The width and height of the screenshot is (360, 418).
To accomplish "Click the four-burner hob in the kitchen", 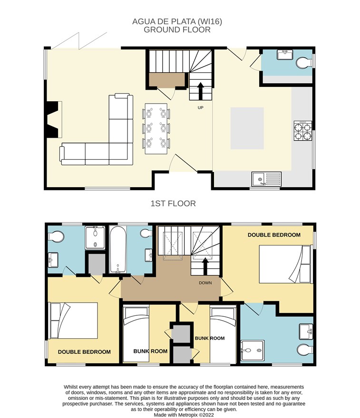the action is tap(303, 131).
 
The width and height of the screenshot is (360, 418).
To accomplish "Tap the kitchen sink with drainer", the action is tap(266, 179).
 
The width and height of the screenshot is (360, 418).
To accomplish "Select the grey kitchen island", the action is tap(247, 128).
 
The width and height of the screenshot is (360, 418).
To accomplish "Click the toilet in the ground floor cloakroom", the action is tap(304, 63).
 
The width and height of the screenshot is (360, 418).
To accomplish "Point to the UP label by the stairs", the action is tap(200, 108).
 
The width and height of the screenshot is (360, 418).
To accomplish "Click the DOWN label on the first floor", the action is tap(205, 283).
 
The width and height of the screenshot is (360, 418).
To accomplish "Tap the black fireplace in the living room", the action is tap(52, 119).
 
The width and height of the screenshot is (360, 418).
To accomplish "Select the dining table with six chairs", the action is tap(156, 129).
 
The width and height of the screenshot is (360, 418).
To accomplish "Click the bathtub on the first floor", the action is tap(117, 249).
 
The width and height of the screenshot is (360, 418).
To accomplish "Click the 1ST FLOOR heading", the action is tap(173, 204).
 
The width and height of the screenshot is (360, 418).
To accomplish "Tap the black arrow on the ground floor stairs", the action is tap(200, 91).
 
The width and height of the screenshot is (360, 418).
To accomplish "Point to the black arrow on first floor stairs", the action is tap(205, 266).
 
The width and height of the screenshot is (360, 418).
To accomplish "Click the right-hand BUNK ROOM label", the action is tap(210, 338).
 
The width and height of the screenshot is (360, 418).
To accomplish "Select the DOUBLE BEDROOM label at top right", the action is tap(274, 235).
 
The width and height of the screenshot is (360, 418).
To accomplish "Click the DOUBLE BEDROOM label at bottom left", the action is tap(84, 352).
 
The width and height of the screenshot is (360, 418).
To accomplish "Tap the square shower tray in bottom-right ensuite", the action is tap(253, 350).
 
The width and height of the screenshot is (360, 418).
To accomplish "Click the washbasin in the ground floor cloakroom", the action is tap(285, 55).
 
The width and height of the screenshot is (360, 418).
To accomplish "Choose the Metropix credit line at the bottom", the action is tap(184, 415).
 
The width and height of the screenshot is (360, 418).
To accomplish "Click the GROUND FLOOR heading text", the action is tap(177, 29).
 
